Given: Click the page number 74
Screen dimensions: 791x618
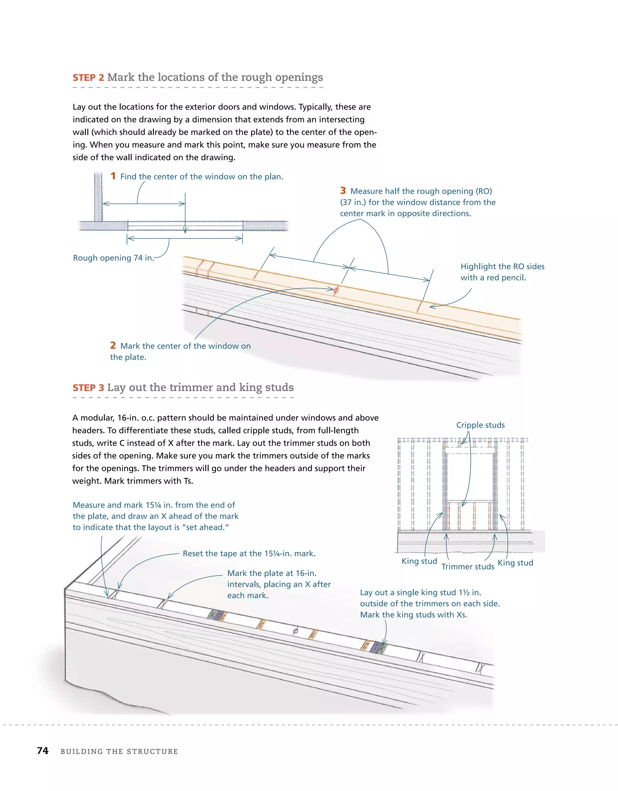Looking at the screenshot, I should point(43,751).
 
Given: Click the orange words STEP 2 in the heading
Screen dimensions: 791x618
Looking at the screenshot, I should point(88,78).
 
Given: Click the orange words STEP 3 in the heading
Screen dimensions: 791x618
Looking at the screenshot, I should point(88,388).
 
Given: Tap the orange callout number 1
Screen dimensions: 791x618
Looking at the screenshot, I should point(113,176).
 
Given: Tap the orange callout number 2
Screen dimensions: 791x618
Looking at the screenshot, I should point(113,345).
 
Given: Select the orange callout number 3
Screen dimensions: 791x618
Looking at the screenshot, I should point(343,191).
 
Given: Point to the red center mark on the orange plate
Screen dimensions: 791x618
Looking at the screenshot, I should point(336,290).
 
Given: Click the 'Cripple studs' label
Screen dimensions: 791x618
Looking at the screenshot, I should point(480,425).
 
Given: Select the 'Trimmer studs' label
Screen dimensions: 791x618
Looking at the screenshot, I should point(467,566).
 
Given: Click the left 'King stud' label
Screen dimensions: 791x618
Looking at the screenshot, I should point(419,561).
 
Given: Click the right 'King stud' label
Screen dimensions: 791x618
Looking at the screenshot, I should point(515,562).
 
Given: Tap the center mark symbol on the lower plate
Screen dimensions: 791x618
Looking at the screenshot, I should point(295,631).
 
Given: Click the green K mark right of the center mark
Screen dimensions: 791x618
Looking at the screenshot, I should point(382,648).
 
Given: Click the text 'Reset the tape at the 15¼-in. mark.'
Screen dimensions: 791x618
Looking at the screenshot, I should point(249,553).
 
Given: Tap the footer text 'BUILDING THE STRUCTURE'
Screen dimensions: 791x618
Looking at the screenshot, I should point(119,751).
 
